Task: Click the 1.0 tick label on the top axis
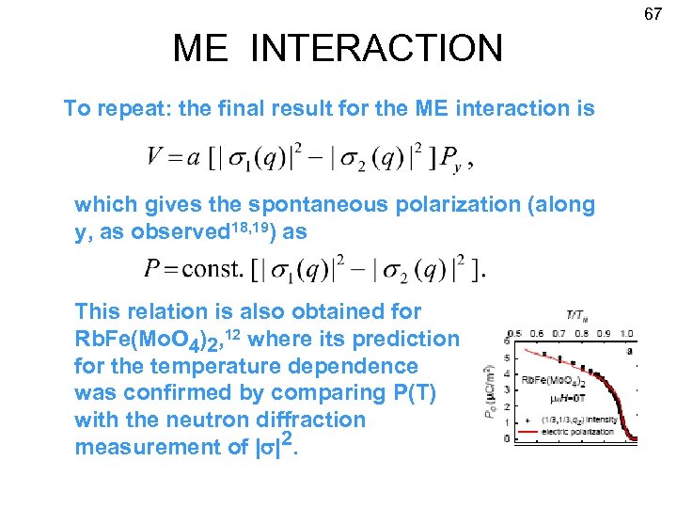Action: point(626,332)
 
